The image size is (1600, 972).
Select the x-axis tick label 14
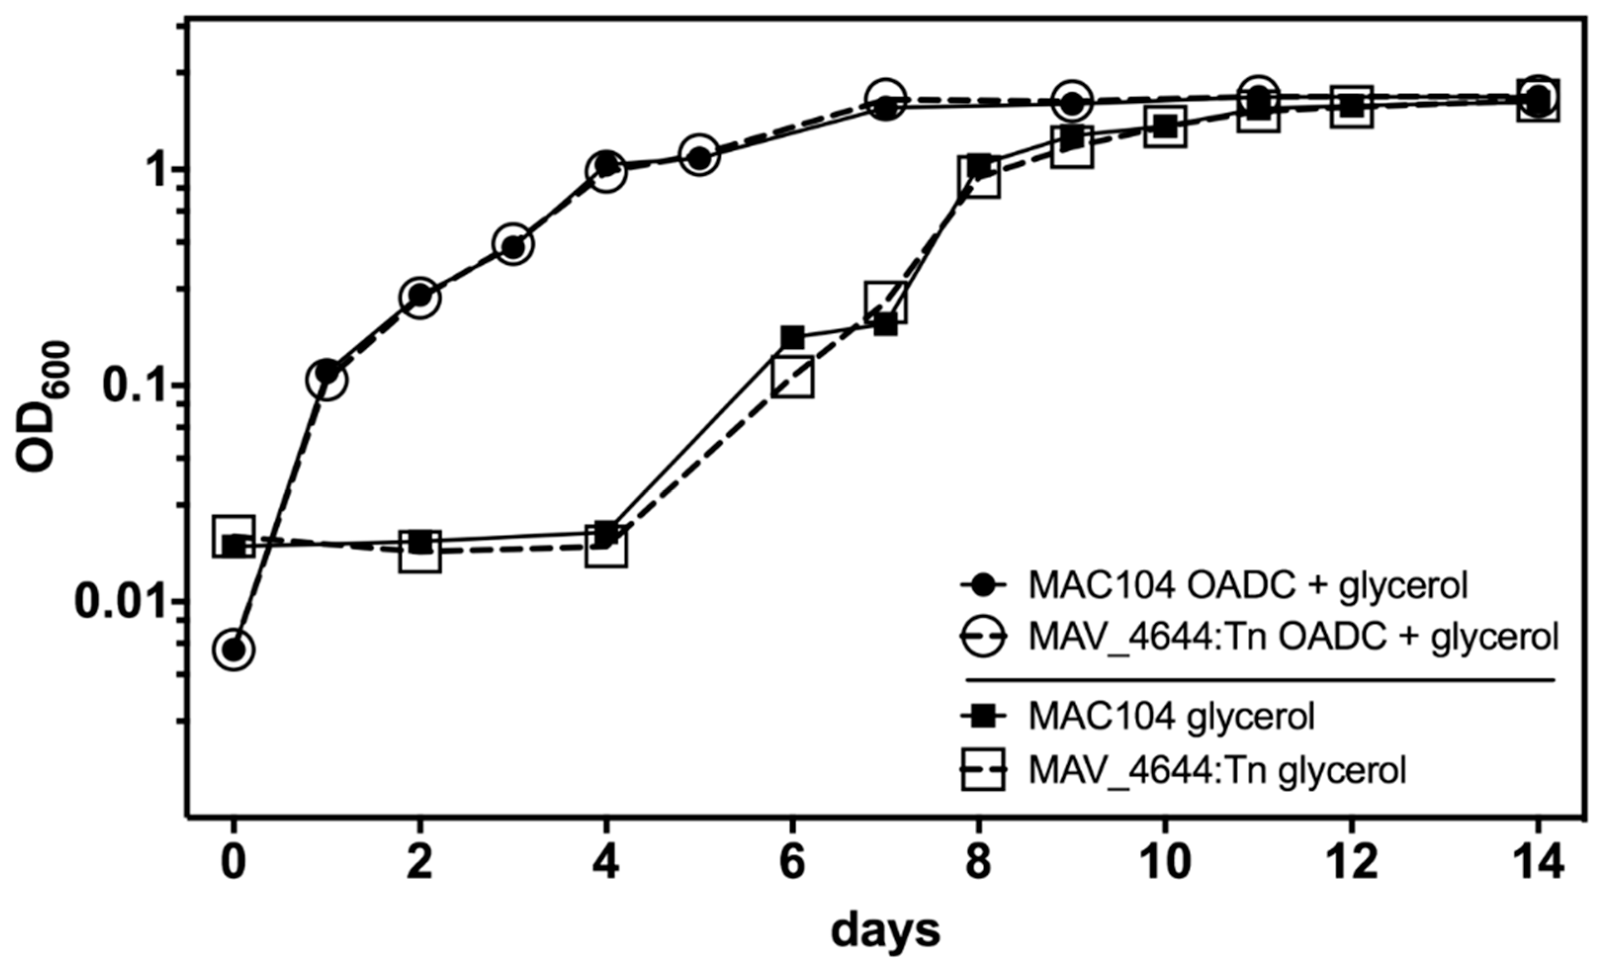point(1537,864)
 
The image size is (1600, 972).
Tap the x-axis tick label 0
point(234,864)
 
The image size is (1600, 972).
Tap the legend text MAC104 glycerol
point(1171,716)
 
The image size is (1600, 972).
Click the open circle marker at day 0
point(234,649)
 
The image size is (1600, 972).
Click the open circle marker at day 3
point(514,244)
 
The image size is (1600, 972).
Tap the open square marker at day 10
point(1166,127)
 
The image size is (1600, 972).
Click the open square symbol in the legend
point(983,769)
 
